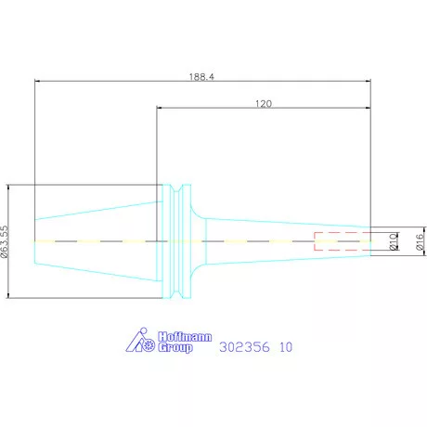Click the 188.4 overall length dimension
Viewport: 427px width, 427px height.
coord(201,76)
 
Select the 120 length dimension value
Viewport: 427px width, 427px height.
coord(264,103)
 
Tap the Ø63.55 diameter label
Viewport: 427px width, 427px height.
coord(5,241)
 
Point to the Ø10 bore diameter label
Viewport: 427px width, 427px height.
coord(394,241)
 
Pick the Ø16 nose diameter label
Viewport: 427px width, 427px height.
coord(420,241)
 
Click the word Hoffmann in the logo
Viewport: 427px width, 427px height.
coord(185,337)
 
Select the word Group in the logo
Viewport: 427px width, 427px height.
coord(175,347)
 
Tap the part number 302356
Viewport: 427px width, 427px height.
coord(244,347)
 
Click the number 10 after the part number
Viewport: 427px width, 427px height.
coord(286,347)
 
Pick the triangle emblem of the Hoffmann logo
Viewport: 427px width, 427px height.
coord(136,341)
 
